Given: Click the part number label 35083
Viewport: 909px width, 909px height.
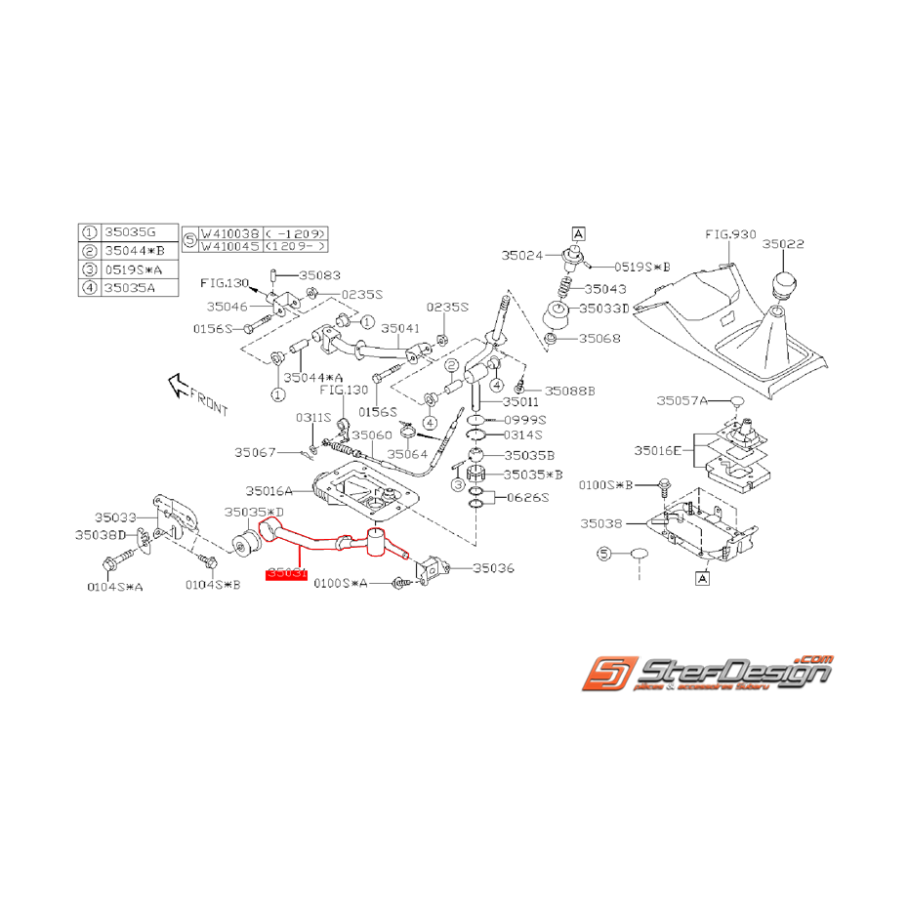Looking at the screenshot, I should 320,276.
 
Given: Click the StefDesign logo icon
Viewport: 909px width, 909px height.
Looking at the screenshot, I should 610,673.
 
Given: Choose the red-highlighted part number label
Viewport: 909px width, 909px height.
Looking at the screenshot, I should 287,576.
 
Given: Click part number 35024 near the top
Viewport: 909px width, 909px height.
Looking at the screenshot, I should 524,256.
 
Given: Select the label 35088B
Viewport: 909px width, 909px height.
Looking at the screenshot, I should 570,390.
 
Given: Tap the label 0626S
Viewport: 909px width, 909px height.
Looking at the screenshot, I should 530,497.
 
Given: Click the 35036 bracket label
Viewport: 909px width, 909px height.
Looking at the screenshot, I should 494,568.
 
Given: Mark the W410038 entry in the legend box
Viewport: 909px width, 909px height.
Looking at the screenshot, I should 230,234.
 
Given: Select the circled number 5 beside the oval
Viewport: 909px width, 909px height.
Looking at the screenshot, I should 603,554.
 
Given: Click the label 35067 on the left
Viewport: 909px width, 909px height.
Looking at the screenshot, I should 256,452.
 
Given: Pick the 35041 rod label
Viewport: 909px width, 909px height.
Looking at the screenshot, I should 401,329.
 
